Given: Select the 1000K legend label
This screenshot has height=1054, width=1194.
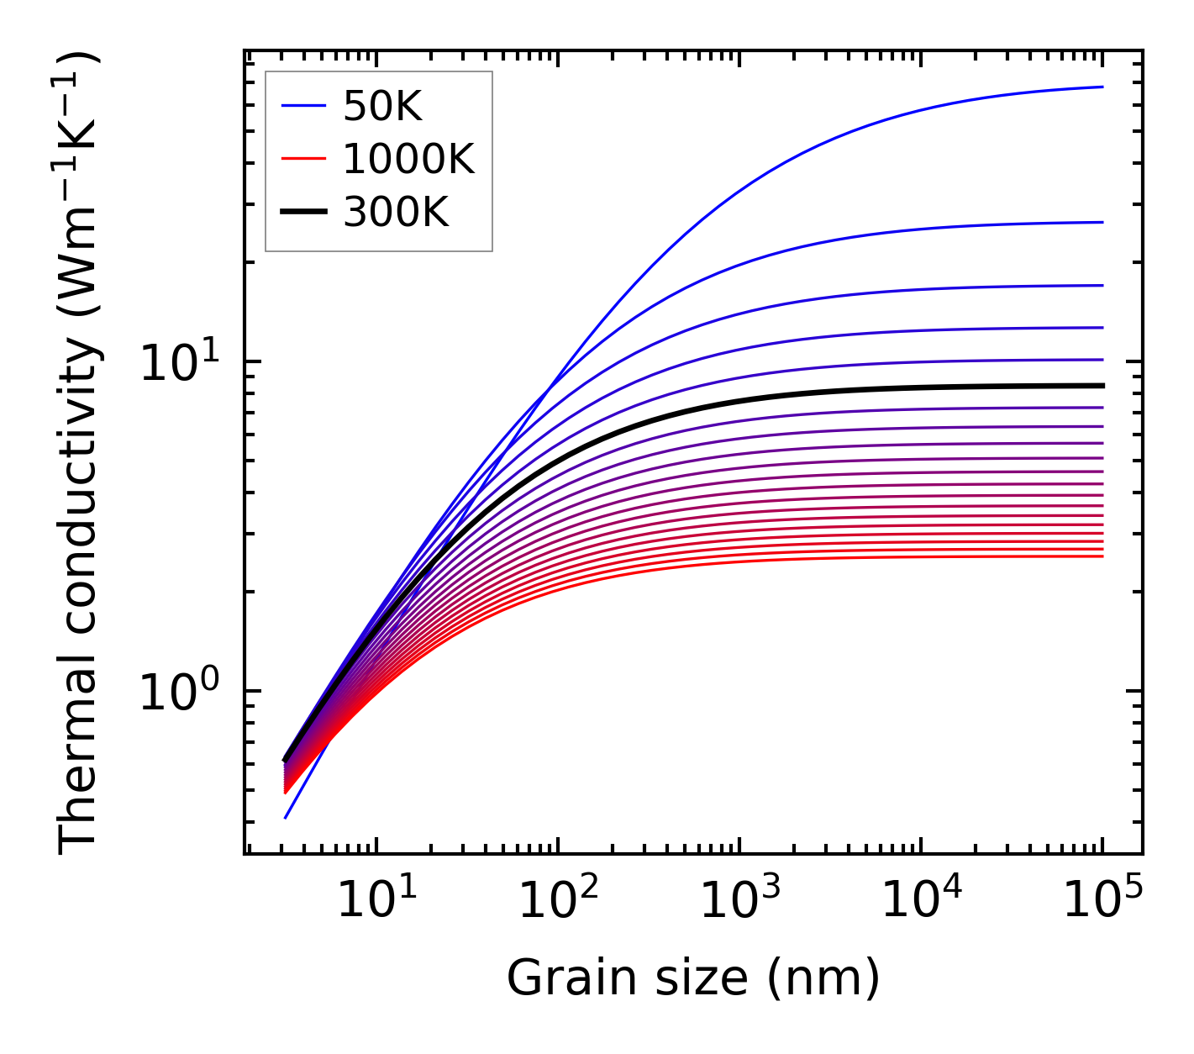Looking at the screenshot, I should pos(408,159).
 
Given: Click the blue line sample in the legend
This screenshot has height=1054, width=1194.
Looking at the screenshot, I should pos(302,106).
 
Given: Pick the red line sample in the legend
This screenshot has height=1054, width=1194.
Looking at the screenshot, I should pos(302,159).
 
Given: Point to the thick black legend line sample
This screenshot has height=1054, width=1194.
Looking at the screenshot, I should pos(302,213).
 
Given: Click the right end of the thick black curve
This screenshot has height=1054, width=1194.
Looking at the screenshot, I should pos(1102,386).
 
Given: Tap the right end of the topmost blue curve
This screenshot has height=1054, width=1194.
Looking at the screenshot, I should pos(1102,87).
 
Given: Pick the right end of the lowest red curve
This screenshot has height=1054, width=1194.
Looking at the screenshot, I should pos(1102,556).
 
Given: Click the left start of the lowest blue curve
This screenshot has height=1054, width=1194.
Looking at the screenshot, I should pos(286,817).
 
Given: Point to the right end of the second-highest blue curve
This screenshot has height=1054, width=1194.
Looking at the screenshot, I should pos(1102,222).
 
